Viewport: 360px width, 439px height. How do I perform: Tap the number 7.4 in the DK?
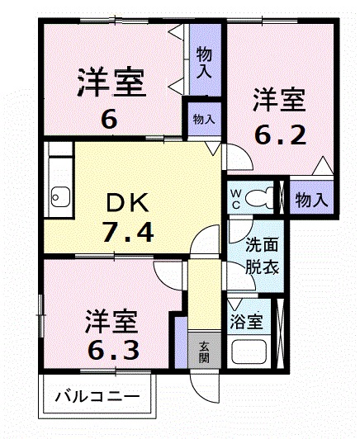click(x=127, y=233)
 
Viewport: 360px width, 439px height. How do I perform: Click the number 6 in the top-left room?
click(x=109, y=119)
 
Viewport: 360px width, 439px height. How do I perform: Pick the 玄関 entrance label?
click(x=203, y=354)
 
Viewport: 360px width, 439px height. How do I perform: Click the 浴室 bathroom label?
click(x=247, y=321)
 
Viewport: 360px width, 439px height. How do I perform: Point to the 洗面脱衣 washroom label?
click(x=263, y=256)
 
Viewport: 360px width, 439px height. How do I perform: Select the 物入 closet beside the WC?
click(x=312, y=199)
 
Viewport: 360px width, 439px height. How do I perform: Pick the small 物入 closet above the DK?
click(x=203, y=119)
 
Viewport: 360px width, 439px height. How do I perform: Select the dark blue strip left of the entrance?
click(x=176, y=342)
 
